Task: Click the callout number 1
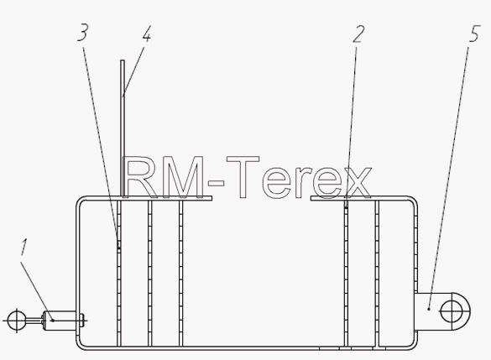pyautogui.click(x=24, y=247)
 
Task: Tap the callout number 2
pyautogui.click(x=358, y=34)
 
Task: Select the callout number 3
pyautogui.click(x=83, y=33)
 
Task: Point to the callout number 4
pyautogui.click(x=147, y=34)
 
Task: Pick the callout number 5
pyautogui.click(x=474, y=34)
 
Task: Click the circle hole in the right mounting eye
pyautogui.click(x=451, y=311)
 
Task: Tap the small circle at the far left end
pyautogui.click(x=17, y=321)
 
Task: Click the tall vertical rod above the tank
pyautogui.click(x=123, y=128)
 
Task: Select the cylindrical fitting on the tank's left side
pyautogui.click(x=60, y=321)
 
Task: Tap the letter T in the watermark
pyautogui.click(x=243, y=177)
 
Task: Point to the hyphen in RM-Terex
pyautogui.click(x=217, y=183)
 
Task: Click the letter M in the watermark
pyautogui.click(x=185, y=178)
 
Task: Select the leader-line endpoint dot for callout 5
pyautogui.click(x=429, y=309)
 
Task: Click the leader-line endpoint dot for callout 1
pyautogui.click(x=53, y=321)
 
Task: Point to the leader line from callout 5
pyautogui.click(x=449, y=178)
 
